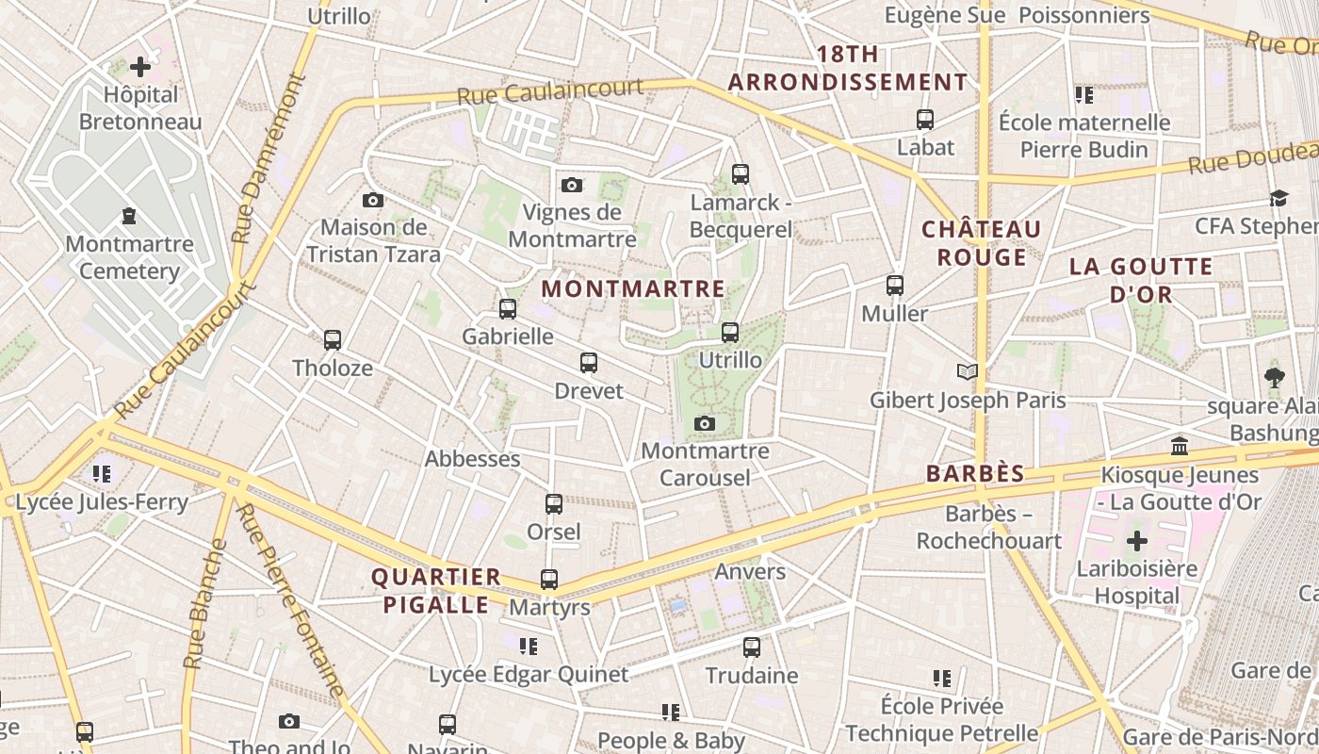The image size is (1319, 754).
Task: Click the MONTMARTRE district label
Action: pyautogui.click(x=634, y=289)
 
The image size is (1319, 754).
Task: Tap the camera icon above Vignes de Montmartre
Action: pyautogui.click(x=571, y=185)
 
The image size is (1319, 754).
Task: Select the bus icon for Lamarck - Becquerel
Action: pyautogui.click(x=741, y=174)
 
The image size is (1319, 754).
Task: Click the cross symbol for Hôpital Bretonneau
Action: pyautogui.click(x=140, y=67)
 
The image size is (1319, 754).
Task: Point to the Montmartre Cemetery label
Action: pyautogui.click(x=129, y=257)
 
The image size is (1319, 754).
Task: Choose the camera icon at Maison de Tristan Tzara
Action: pyautogui.click(x=373, y=200)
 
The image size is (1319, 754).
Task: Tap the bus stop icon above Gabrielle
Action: pyautogui.click(x=508, y=308)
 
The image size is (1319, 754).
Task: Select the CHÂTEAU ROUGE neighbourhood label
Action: pyautogui.click(x=981, y=243)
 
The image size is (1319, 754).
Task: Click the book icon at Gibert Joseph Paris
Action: pyautogui.click(x=968, y=371)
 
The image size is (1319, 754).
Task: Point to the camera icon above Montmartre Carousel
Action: pyautogui.click(x=705, y=424)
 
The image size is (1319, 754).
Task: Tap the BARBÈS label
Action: pyautogui.click(x=975, y=474)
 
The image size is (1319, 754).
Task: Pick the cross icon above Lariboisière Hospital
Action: pyautogui.click(x=1137, y=541)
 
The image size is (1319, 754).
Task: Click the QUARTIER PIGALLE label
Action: pyautogui.click(x=435, y=591)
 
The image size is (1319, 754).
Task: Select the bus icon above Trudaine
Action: pyautogui.click(x=752, y=647)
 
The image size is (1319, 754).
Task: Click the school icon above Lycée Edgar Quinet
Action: pyautogui.click(x=529, y=647)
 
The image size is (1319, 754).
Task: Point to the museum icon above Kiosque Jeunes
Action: pyautogui.click(x=1180, y=446)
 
